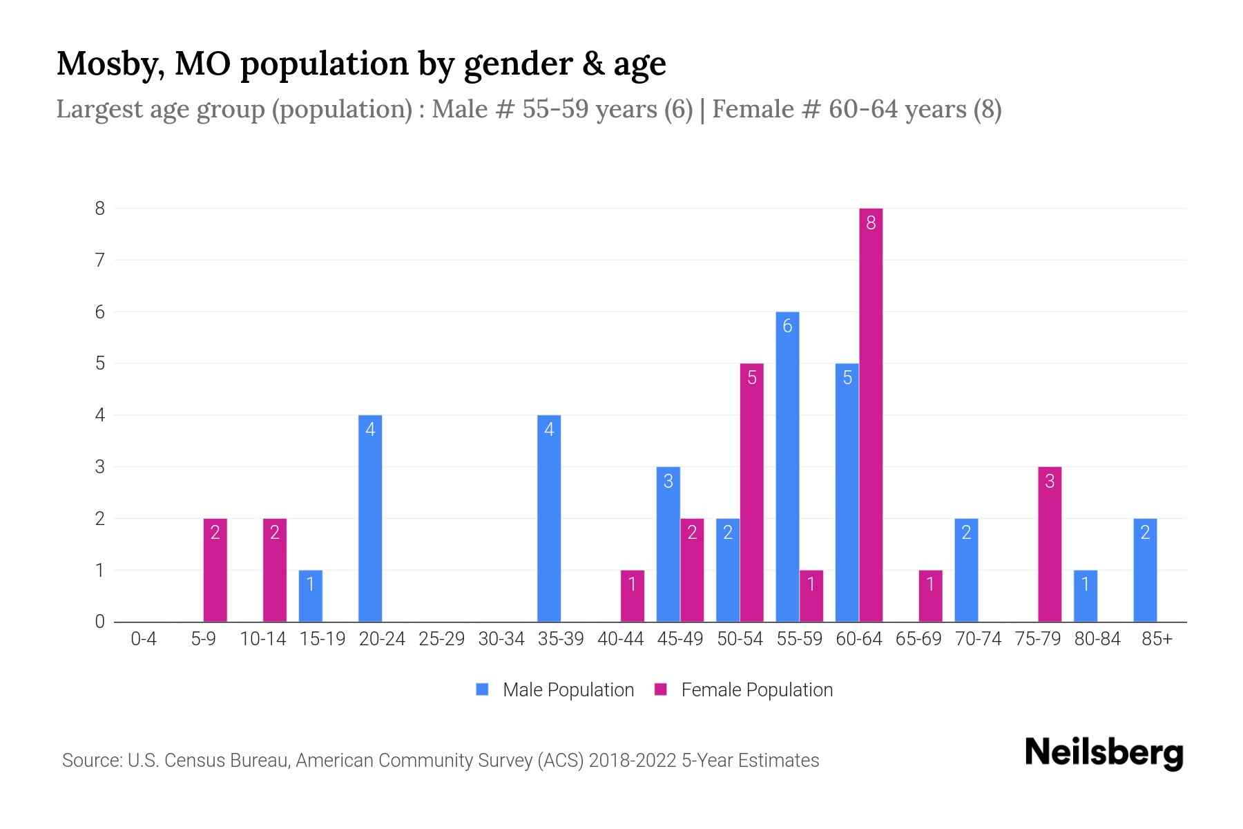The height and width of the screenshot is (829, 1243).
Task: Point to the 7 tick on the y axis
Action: click(x=100, y=260)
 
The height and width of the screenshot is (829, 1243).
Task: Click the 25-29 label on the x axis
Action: click(x=442, y=639)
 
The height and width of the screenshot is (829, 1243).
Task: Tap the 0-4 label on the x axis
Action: click(x=144, y=639)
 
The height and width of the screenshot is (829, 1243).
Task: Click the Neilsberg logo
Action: click(x=1104, y=753)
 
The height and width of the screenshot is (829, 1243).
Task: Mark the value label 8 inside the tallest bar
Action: click(x=871, y=222)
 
